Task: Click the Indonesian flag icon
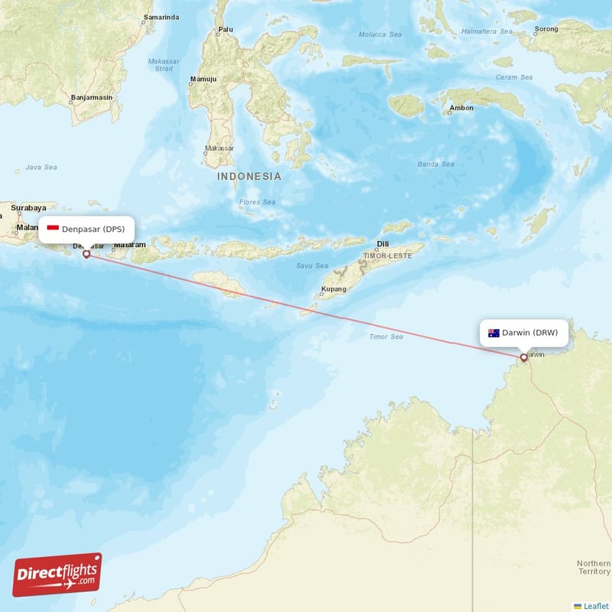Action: click(53, 229)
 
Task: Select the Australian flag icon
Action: click(493, 333)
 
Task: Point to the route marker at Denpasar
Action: click(86, 254)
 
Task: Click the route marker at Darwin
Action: click(523, 357)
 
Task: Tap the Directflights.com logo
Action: click(57, 575)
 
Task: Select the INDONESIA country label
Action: click(249, 176)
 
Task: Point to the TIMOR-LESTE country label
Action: click(387, 256)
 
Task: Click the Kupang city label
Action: click(334, 289)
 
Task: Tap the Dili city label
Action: click(382, 245)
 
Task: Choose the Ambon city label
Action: click(461, 108)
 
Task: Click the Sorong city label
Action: click(546, 29)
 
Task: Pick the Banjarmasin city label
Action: click(91, 97)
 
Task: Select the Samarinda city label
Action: click(161, 17)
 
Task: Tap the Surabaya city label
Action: click(28, 207)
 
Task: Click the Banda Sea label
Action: click(435, 164)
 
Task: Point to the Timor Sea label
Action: click(386, 337)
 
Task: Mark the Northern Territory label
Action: click(594, 567)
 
